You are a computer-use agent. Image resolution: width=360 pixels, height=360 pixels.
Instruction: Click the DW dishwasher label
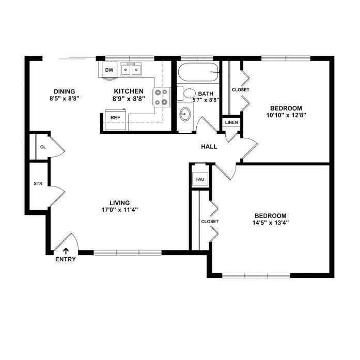point(109,70)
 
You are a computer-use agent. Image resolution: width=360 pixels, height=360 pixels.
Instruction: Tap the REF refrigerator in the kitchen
point(116,120)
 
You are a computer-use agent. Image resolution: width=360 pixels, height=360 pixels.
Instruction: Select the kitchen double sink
point(131,69)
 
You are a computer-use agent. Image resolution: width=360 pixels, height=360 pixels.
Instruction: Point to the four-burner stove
point(161,97)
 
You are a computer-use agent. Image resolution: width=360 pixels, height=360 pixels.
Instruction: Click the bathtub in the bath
point(198,72)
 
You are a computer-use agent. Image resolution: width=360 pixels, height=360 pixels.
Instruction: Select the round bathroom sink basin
point(185,114)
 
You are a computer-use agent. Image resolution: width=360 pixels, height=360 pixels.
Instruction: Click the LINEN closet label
point(231,122)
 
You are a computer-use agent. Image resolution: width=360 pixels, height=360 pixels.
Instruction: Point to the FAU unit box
point(200,179)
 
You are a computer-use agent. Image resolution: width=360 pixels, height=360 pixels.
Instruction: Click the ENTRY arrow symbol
point(66,251)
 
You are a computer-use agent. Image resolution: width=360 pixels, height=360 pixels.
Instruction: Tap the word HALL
point(209,147)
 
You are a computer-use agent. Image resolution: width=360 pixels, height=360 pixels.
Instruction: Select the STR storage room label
point(38,183)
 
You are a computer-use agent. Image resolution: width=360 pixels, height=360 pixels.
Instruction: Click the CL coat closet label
point(43,147)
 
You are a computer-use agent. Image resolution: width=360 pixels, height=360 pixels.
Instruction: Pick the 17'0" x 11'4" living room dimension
point(120,210)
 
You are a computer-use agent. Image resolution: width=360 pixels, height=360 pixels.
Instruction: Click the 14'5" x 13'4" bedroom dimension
point(271,223)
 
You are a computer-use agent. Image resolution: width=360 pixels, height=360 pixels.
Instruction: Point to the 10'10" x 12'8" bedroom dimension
point(286,115)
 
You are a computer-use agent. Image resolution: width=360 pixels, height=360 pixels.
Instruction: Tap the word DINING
point(65,91)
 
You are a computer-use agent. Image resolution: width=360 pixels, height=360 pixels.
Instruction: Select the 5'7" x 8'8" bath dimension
point(206,100)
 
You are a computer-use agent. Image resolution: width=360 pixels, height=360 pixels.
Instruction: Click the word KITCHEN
point(129,91)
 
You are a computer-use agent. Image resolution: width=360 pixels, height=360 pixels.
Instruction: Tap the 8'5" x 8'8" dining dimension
point(65,99)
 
